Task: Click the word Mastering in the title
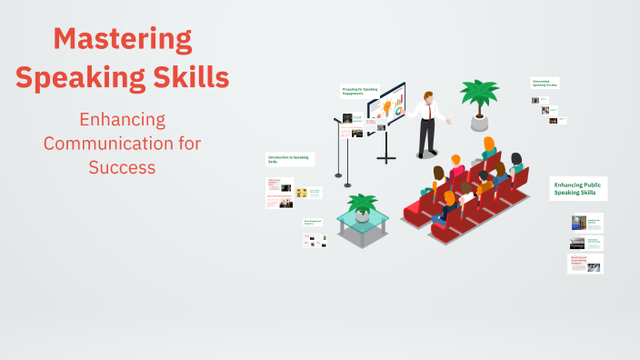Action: coord(122,40)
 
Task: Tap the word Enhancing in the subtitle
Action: coord(122,120)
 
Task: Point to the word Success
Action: coord(122,167)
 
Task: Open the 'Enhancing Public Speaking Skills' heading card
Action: coord(579,188)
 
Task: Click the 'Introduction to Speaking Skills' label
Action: coord(289,159)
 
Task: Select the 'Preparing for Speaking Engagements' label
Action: coord(359,91)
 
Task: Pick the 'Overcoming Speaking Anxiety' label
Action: coord(545,83)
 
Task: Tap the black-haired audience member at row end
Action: coord(515,164)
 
